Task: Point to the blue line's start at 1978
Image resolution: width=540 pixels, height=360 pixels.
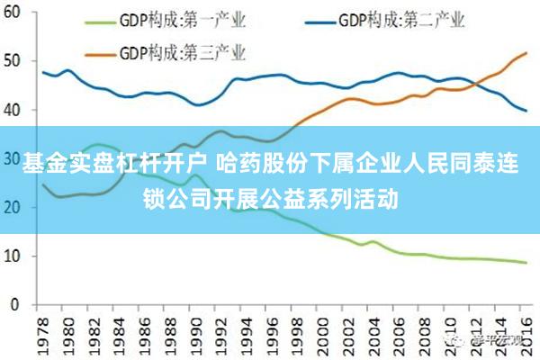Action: click(x=43, y=72)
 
